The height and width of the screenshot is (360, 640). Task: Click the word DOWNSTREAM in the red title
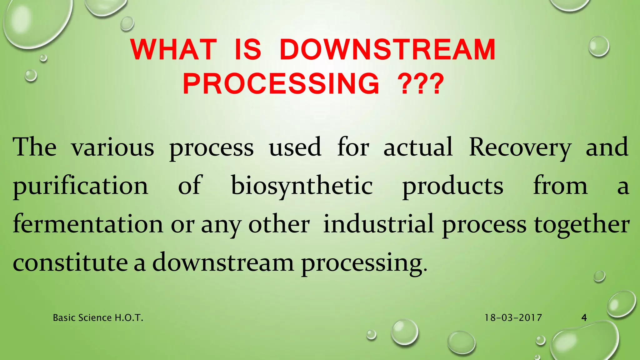click(x=387, y=50)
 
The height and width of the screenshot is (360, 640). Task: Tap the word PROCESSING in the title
click(x=281, y=83)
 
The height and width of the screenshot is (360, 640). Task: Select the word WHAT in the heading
click(x=174, y=50)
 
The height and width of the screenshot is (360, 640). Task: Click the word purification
click(x=80, y=186)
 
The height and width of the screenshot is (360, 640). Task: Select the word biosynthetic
click(x=302, y=186)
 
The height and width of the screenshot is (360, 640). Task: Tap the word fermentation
click(x=88, y=224)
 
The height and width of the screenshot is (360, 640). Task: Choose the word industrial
click(x=378, y=224)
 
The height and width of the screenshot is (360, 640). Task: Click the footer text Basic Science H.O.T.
click(x=98, y=318)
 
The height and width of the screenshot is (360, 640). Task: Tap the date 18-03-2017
click(x=513, y=318)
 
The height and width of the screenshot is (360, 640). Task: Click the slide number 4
click(x=584, y=318)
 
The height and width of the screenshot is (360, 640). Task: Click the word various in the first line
click(x=112, y=147)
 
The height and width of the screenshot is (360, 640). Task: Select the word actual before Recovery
click(x=418, y=147)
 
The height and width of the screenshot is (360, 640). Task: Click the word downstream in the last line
click(x=223, y=262)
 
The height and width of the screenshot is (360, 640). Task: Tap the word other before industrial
click(x=279, y=224)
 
